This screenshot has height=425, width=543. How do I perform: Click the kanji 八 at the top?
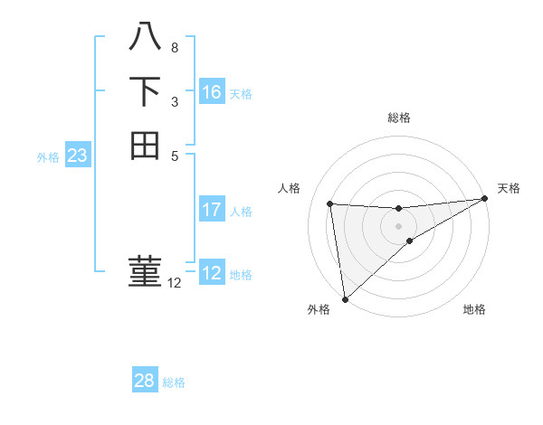point(145,36)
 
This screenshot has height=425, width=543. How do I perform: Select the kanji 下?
point(145,91)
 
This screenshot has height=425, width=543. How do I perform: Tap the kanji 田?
point(145,146)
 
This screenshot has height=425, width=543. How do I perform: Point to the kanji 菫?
point(145,271)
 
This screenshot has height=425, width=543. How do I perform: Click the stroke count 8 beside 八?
point(175,48)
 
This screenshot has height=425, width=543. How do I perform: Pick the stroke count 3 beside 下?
point(175,102)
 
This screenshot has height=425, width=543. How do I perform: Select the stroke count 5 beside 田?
point(175,156)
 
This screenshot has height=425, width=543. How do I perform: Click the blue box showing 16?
point(212,91)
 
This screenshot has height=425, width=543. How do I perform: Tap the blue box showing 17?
point(212,208)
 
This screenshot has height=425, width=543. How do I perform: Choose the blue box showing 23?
point(78,154)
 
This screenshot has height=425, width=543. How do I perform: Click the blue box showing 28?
point(145,379)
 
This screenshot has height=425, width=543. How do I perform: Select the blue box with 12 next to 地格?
point(212,271)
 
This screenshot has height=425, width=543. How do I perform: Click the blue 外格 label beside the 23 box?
point(48,158)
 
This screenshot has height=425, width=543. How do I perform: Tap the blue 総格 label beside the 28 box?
point(174,382)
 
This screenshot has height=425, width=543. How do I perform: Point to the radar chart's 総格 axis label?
point(399,118)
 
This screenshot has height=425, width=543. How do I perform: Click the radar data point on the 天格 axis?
point(485,198)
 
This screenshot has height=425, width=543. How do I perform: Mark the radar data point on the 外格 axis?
point(346,299)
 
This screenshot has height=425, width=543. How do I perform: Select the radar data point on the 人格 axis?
point(330,203)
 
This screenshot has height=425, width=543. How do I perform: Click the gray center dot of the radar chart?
point(398,226)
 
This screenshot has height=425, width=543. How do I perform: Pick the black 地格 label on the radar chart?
point(474,309)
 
